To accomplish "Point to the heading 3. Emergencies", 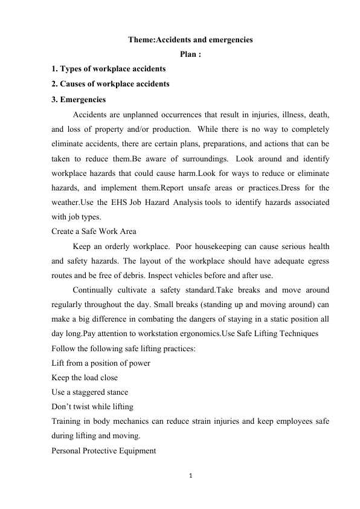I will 79,99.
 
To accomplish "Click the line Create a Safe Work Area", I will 94,231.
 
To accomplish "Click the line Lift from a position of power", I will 101,363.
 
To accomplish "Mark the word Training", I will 68,421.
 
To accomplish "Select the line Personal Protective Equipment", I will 104,451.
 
